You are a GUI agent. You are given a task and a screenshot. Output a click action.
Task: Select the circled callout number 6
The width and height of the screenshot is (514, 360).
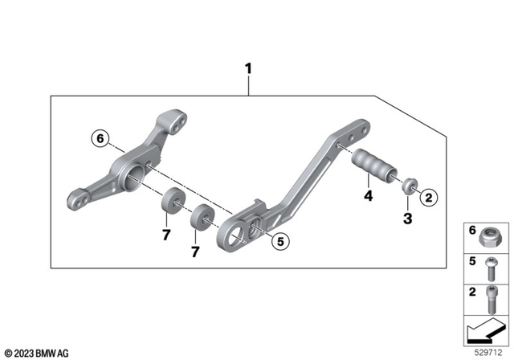pyautogui.click(x=100, y=139)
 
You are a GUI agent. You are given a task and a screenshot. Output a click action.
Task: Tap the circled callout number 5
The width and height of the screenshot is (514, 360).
pyautogui.click(x=279, y=239)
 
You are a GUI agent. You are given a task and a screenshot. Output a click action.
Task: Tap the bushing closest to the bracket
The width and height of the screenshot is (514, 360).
pyautogui.click(x=170, y=200)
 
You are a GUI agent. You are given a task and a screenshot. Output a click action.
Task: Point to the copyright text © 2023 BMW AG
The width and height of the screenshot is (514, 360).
pyautogui.click(x=37, y=352)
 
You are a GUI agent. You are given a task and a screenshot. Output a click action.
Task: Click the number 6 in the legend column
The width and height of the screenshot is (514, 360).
pyautogui.click(x=472, y=230)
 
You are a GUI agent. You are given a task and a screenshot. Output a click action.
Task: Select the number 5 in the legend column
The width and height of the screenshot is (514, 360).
pyautogui.click(x=472, y=260)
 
